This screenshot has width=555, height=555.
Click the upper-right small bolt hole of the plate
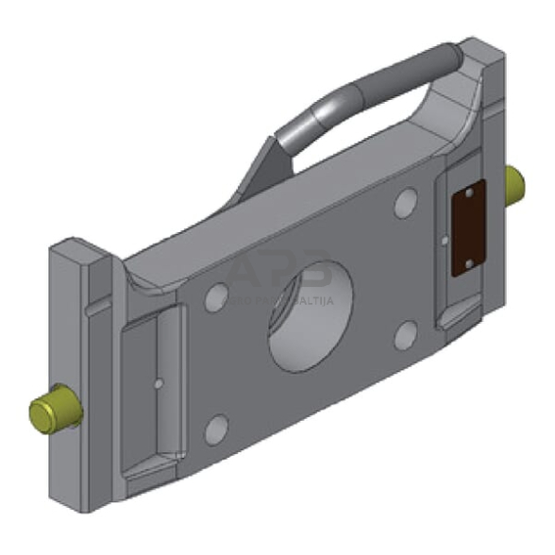(x=406, y=201)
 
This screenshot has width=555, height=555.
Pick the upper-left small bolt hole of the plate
(x=215, y=295)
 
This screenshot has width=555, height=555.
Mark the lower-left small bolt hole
(x=216, y=429)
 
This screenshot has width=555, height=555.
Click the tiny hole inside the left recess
(x=159, y=382)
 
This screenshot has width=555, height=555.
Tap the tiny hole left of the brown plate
(x=444, y=243)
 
